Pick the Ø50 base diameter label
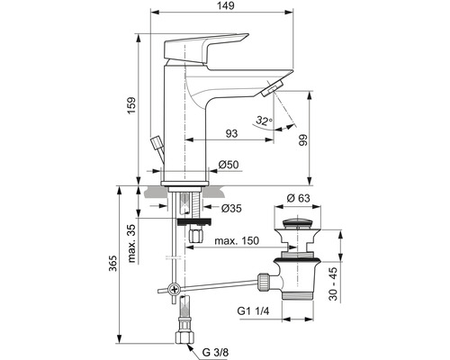coord(229,164)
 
